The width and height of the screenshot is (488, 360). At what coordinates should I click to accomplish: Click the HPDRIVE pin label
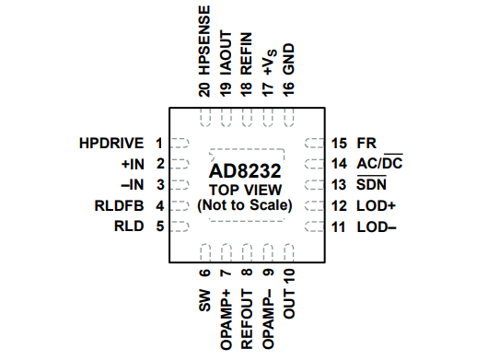coord(110,144)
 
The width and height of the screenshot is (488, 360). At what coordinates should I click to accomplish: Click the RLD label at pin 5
coord(129,226)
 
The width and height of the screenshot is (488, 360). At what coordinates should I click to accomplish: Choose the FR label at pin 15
coord(366,144)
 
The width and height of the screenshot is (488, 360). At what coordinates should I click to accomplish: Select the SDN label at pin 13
coord(371,185)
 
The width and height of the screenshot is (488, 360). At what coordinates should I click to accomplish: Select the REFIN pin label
coord(246,56)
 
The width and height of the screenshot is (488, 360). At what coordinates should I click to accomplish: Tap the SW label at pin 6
coord(204,301)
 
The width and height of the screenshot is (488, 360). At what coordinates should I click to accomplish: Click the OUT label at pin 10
coord(288,305)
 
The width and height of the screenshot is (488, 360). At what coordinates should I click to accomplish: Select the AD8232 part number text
coord(245,169)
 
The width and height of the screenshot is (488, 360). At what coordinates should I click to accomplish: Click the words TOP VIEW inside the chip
coord(245,188)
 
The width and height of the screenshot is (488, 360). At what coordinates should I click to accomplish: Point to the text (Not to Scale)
coord(245,204)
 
